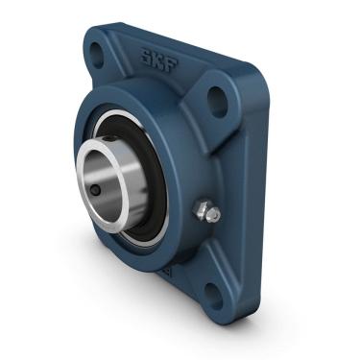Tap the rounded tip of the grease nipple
(214, 215)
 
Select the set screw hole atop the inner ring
(111, 141)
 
